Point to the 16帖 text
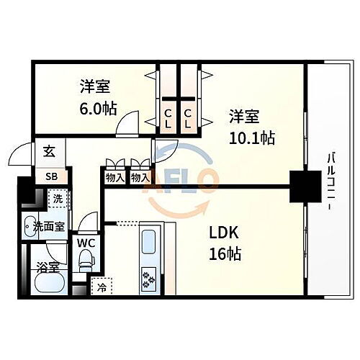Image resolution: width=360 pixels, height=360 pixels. tap(225, 253)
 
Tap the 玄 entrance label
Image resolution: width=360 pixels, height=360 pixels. tap(49, 151)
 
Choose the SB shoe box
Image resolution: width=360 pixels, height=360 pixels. tap(52, 176)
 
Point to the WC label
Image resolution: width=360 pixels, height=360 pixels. tap(85, 241)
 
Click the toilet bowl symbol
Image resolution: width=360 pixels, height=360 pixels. tap(86, 258)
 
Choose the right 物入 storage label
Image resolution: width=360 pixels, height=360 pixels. tap(140, 177)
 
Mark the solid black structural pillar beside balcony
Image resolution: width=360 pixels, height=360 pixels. tap(303, 187)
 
